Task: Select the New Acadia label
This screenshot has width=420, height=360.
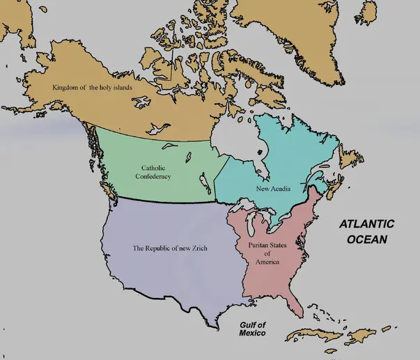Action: [273, 189]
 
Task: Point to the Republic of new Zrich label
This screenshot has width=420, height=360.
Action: [170, 248]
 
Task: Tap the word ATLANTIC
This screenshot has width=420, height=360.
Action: [366, 224]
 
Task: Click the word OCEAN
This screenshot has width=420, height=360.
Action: [366, 238]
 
